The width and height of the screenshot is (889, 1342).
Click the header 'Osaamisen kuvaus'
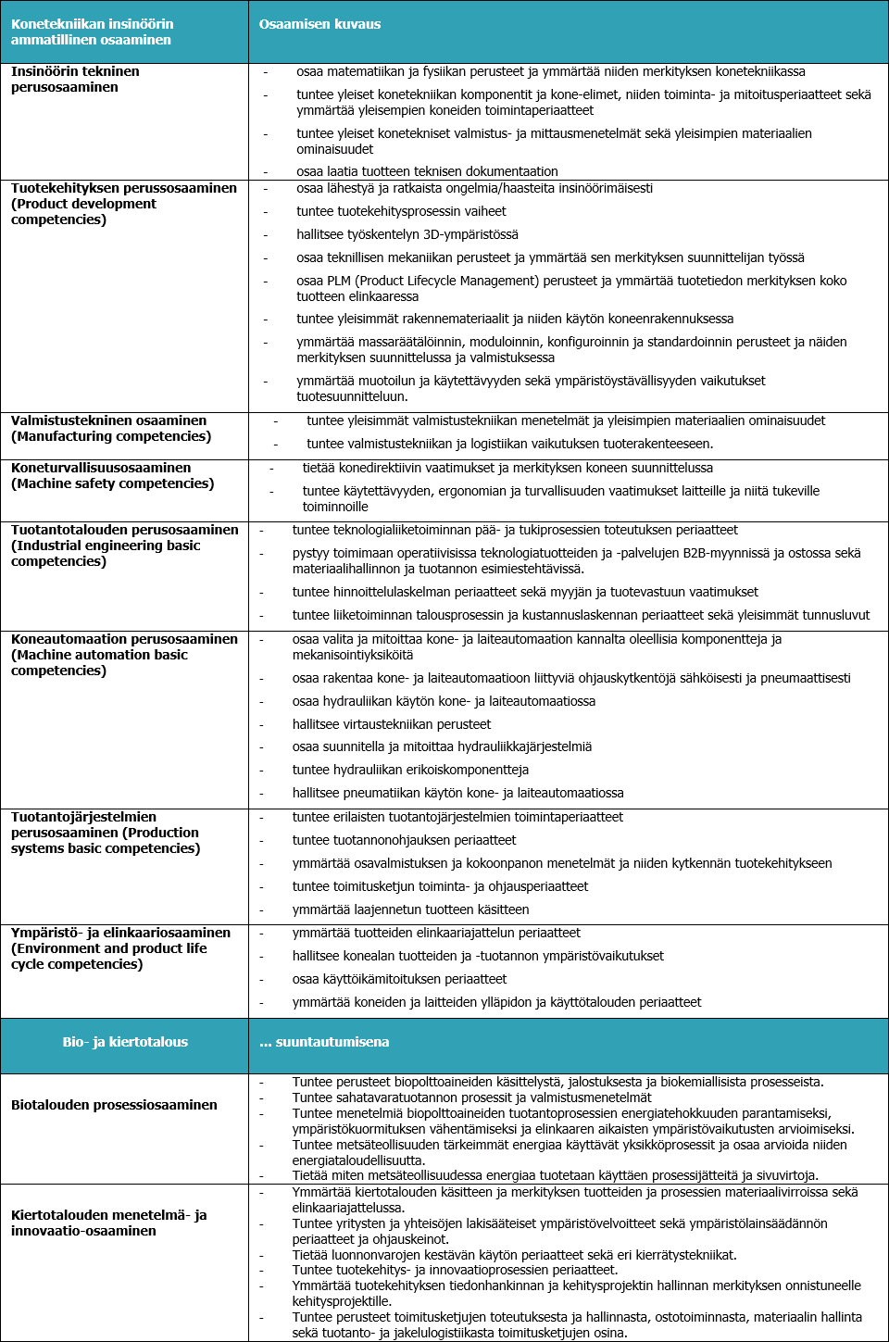[319, 24]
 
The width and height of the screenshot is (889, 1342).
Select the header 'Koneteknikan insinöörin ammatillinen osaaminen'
[92, 31]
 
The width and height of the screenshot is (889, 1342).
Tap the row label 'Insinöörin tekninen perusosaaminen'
[75, 79]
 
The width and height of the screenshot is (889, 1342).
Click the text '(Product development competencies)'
[83, 211]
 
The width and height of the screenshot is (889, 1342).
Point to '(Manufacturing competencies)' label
[111, 436]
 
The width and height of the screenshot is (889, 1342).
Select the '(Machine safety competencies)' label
[112, 483]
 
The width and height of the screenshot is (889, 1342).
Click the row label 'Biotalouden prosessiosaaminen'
[114, 1105]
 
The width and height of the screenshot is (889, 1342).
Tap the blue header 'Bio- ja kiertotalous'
[125, 1042]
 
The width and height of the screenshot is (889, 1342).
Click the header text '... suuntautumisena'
[324, 1042]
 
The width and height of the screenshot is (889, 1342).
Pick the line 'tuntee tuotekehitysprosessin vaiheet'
[401, 211]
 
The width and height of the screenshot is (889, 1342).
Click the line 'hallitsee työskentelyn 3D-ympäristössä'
[407, 234]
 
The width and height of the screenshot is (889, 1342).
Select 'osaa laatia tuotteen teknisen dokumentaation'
[427, 171]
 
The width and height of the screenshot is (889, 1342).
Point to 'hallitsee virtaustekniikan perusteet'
[392, 724]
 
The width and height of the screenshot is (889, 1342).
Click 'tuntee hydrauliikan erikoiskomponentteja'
[410, 770]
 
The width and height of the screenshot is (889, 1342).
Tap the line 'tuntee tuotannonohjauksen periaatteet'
[404, 840]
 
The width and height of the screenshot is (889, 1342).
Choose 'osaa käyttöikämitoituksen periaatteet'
[399, 979]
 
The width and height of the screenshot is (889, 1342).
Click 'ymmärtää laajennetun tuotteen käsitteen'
[410, 909]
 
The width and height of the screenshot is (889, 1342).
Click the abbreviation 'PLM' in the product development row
[339, 281]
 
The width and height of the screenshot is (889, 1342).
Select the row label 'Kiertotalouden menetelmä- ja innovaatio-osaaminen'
[108, 1223]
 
